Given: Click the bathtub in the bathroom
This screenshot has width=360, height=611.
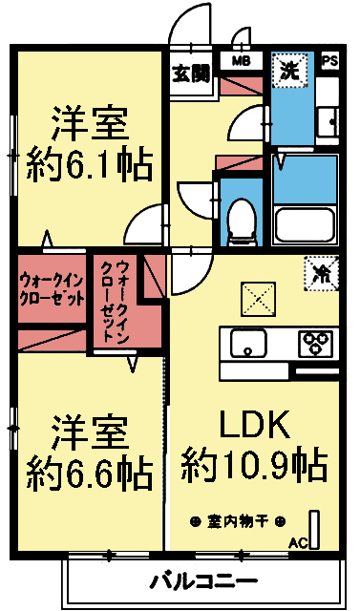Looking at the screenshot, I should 305,225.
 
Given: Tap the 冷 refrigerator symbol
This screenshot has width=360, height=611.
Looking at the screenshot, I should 320,272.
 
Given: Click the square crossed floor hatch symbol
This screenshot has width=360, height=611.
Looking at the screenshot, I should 256,299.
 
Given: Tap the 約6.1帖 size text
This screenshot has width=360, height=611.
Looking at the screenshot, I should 89,167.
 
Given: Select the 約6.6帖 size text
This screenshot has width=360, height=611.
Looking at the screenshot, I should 89,470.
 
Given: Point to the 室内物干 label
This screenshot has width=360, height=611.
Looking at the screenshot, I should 238,521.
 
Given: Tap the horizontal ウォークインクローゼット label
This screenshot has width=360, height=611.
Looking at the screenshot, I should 51,287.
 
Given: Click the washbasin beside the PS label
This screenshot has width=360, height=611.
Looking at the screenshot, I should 329,119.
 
